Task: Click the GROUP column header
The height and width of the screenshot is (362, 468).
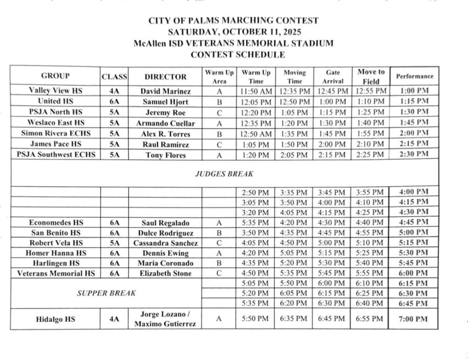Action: [55, 76]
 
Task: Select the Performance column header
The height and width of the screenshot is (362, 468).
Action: [415, 76]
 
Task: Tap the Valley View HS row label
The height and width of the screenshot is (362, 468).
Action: [55, 90]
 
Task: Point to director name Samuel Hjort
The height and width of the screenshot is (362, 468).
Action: [165, 101]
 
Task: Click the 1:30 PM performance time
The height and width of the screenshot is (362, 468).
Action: [415, 111]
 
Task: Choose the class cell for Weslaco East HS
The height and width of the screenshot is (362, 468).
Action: [115, 123]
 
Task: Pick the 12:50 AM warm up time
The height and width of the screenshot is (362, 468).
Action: [256, 133]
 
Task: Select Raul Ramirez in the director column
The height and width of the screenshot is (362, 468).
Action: [165, 144]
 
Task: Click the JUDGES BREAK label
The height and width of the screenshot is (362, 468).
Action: [224, 173]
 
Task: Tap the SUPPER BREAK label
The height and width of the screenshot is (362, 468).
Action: [106, 293]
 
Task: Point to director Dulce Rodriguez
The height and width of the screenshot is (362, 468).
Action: [165, 233]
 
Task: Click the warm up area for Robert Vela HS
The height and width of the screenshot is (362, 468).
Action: [218, 243]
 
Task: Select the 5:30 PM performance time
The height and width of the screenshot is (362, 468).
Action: [415, 253]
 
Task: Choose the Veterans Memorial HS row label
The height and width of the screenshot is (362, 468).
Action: [55, 273]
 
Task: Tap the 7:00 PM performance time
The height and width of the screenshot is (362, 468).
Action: [415, 319]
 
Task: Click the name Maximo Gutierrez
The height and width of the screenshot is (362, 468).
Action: [165, 324]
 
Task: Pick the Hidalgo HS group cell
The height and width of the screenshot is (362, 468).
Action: [55, 319]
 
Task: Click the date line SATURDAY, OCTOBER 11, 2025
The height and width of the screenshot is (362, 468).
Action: [234, 32]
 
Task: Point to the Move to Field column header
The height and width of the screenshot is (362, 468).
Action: [371, 76]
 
